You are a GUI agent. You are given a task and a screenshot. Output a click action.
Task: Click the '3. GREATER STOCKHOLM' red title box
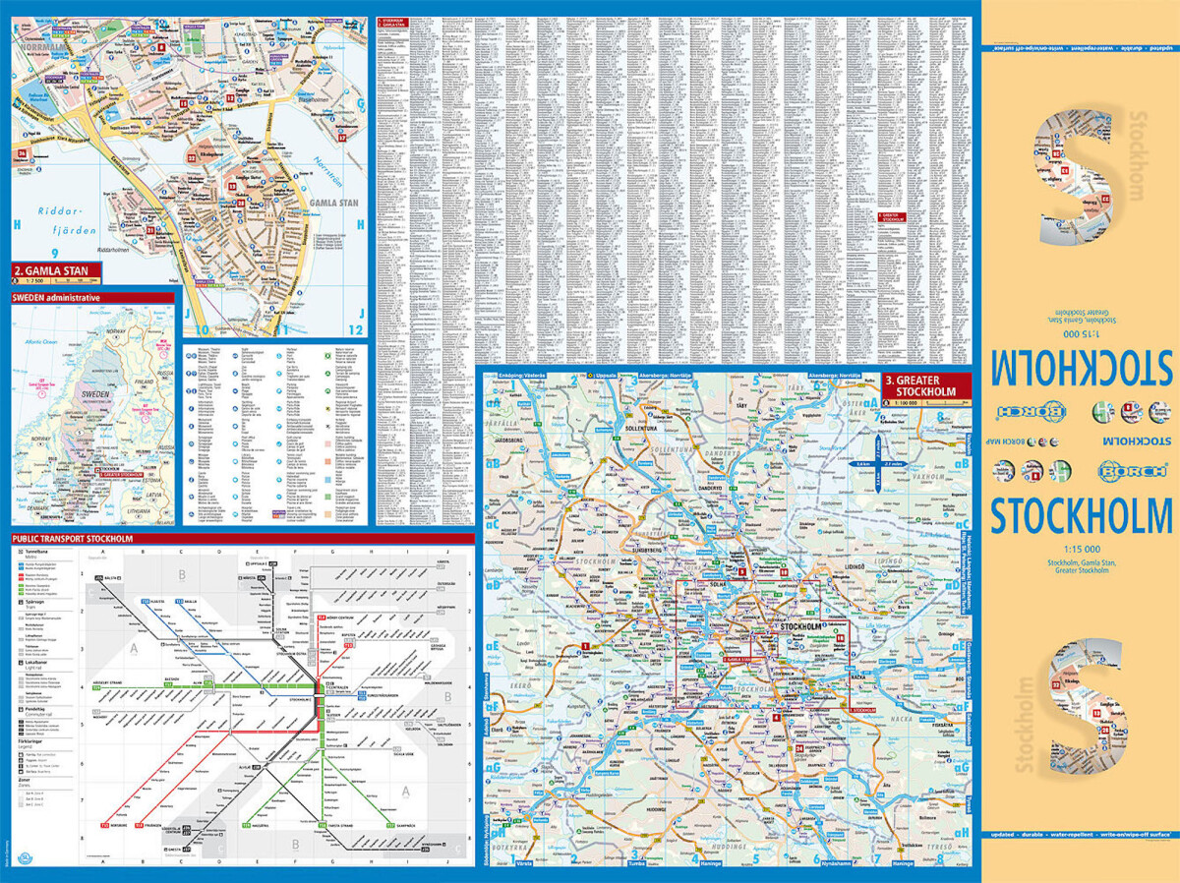(x=922, y=385)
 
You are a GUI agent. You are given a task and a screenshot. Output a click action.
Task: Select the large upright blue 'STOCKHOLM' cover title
(x=1081, y=515)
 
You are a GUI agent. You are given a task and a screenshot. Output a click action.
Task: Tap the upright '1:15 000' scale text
(x=1080, y=549)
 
